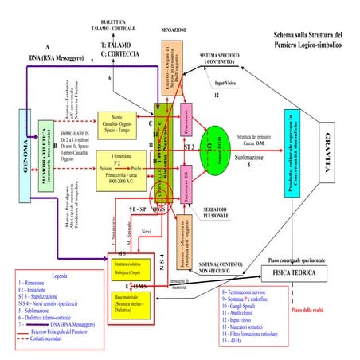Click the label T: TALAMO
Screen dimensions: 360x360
118,45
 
